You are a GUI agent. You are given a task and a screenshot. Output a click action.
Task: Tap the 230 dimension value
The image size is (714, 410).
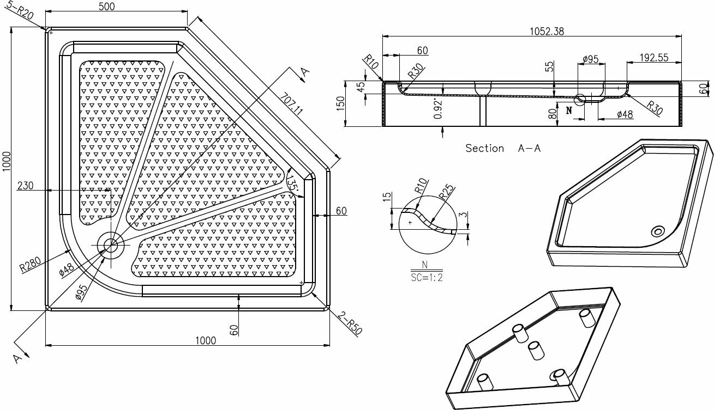point(25,185)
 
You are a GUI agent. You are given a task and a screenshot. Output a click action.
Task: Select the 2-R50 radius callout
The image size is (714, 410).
point(350,323)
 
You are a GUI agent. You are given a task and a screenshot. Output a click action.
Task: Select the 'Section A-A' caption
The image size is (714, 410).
point(502,148)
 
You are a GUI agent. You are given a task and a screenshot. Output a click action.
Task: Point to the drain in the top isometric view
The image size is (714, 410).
point(657,232)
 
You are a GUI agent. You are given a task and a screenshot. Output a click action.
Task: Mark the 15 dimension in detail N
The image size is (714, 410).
point(387,197)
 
